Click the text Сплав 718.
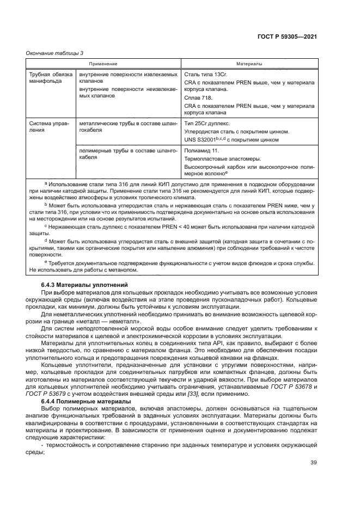click(x=200, y=97)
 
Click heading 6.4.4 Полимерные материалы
click(x=86, y=401)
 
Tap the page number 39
click(x=313, y=463)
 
